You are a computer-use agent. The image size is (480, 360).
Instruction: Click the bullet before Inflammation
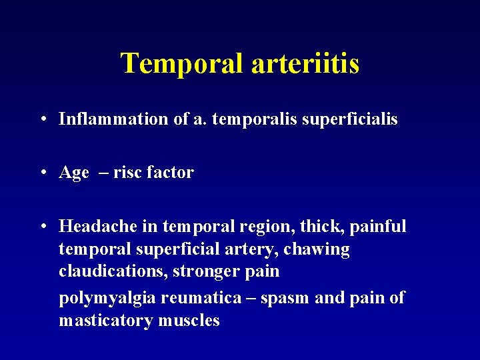point(42,120)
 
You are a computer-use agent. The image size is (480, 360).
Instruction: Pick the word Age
point(74,173)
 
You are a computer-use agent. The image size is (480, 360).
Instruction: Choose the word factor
point(169,173)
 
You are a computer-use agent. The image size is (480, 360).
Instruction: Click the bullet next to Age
point(42,173)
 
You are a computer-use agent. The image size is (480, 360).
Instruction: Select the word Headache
point(98,227)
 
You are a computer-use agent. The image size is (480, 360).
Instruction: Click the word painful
point(377,227)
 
